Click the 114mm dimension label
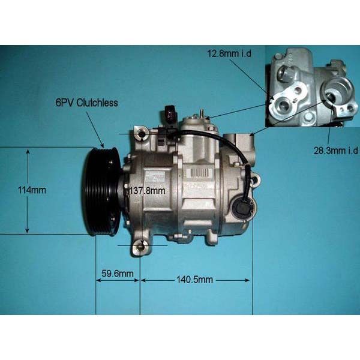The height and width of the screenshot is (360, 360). [x=32, y=190]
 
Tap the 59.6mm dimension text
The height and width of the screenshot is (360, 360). [x=118, y=274]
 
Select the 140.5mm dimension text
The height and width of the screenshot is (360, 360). [x=194, y=280]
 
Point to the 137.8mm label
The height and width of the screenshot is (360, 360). [x=147, y=191]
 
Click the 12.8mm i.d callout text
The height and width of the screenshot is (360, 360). [x=229, y=53]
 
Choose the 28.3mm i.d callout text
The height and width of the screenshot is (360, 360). [x=336, y=151]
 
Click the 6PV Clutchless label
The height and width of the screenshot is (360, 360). [x=87, y=103]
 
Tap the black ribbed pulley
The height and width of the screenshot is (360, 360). [x=101, y=192]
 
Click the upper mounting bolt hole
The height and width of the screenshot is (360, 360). [x=141, y=134]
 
